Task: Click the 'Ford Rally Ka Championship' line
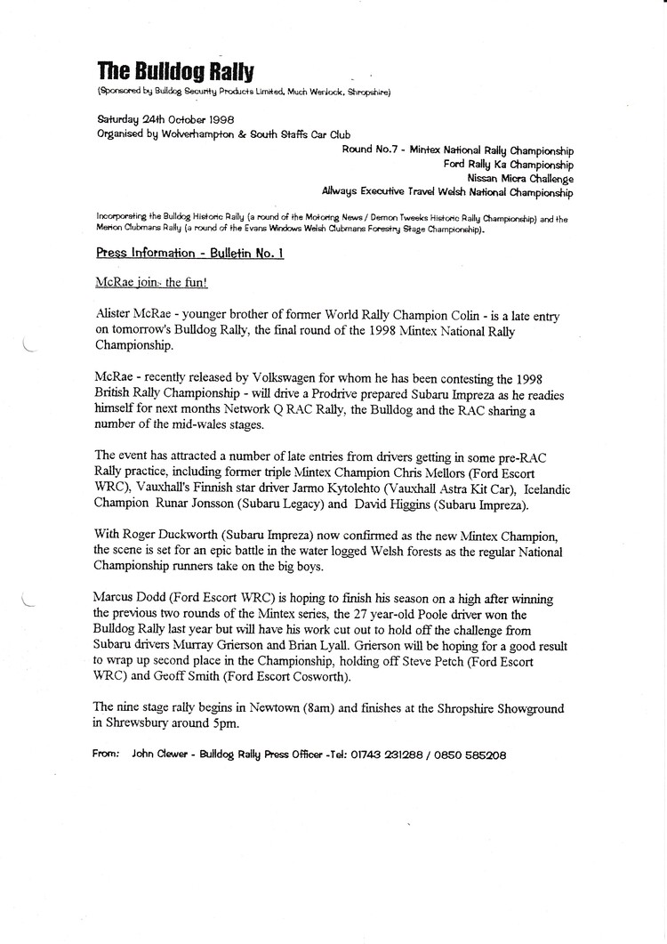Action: (508, 164)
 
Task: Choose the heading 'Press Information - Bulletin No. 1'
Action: (189, 253)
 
